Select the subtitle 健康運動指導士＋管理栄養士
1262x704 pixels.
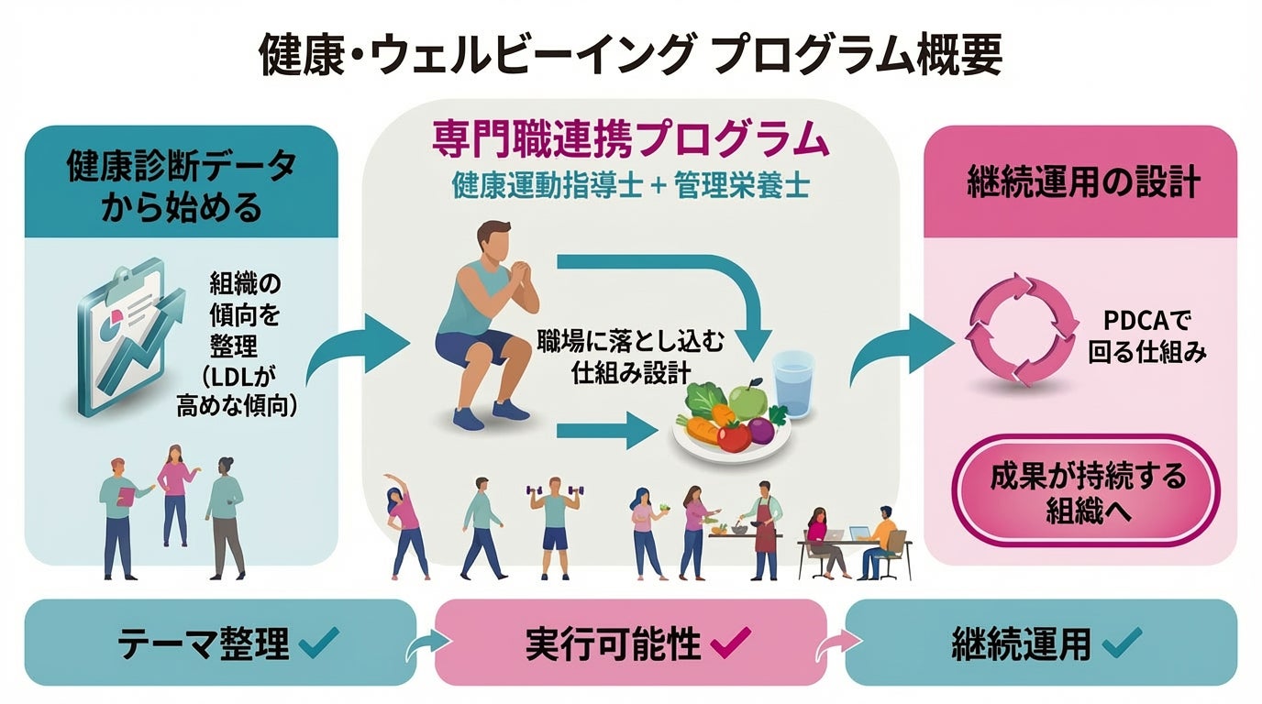click(631, 186)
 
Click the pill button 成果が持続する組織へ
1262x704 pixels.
click(1088, 492)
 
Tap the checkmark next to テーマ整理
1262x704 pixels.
click(319, 643)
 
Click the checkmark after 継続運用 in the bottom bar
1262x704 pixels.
click(1122, 643)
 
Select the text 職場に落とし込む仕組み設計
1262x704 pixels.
click(630, 357)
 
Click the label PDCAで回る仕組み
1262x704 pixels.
click(1147, 336)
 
